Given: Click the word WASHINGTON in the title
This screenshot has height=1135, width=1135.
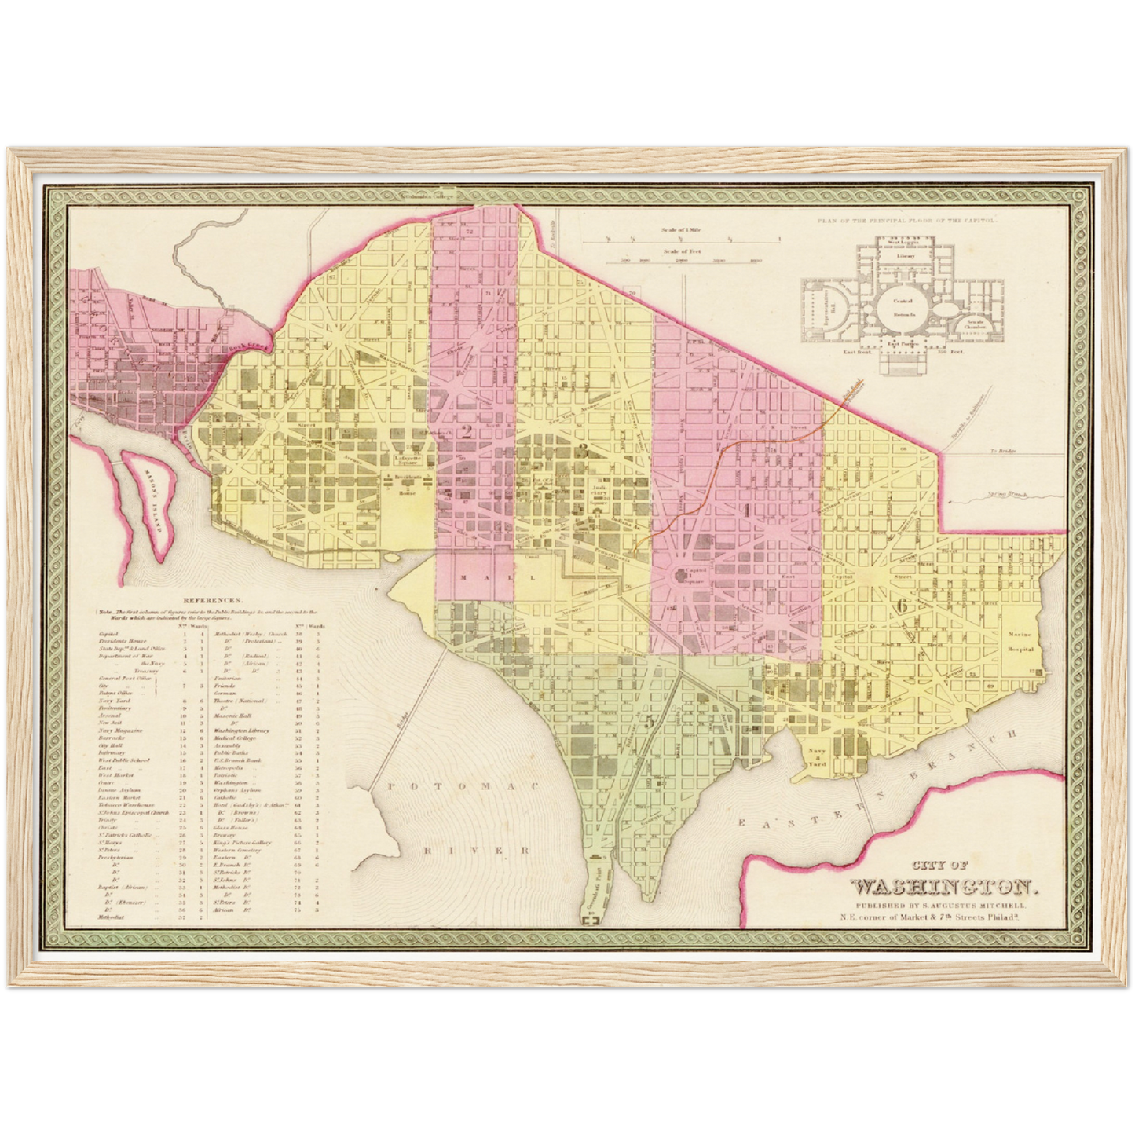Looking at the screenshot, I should (946, 887).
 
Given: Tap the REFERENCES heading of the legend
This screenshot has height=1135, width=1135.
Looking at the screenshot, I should (204, 598).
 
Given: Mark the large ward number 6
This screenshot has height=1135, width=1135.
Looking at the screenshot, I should (902, 606).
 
